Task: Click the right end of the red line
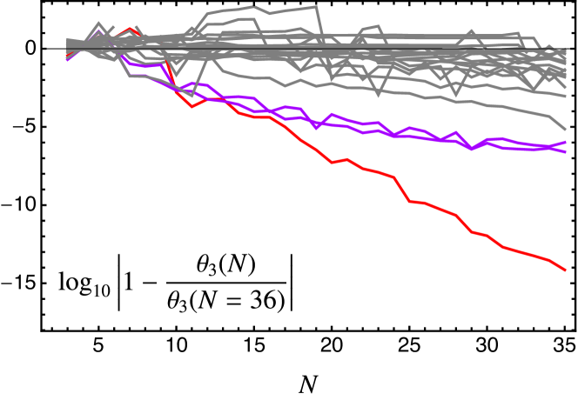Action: point(566,270)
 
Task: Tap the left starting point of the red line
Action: point(67,57)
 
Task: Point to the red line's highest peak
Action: point(130,29)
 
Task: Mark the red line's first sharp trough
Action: point(192,106)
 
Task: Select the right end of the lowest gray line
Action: point(566,130)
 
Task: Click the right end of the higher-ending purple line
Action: point(566,142)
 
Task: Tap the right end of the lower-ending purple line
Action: point(566,152)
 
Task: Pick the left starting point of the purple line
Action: point(67,60)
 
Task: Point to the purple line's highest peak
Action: point(98,31)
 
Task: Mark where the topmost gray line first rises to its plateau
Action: point(209,14)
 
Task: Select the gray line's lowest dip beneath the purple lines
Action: point(192,97)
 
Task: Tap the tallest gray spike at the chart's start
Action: point(98,23)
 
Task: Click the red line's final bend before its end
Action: point(549,259)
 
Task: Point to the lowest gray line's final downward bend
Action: point(548,116)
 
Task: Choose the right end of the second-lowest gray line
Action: point(566,97)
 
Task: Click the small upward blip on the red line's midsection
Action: point(346,159)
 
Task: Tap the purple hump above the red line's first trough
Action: point(192,83)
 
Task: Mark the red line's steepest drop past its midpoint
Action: point(402,190)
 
